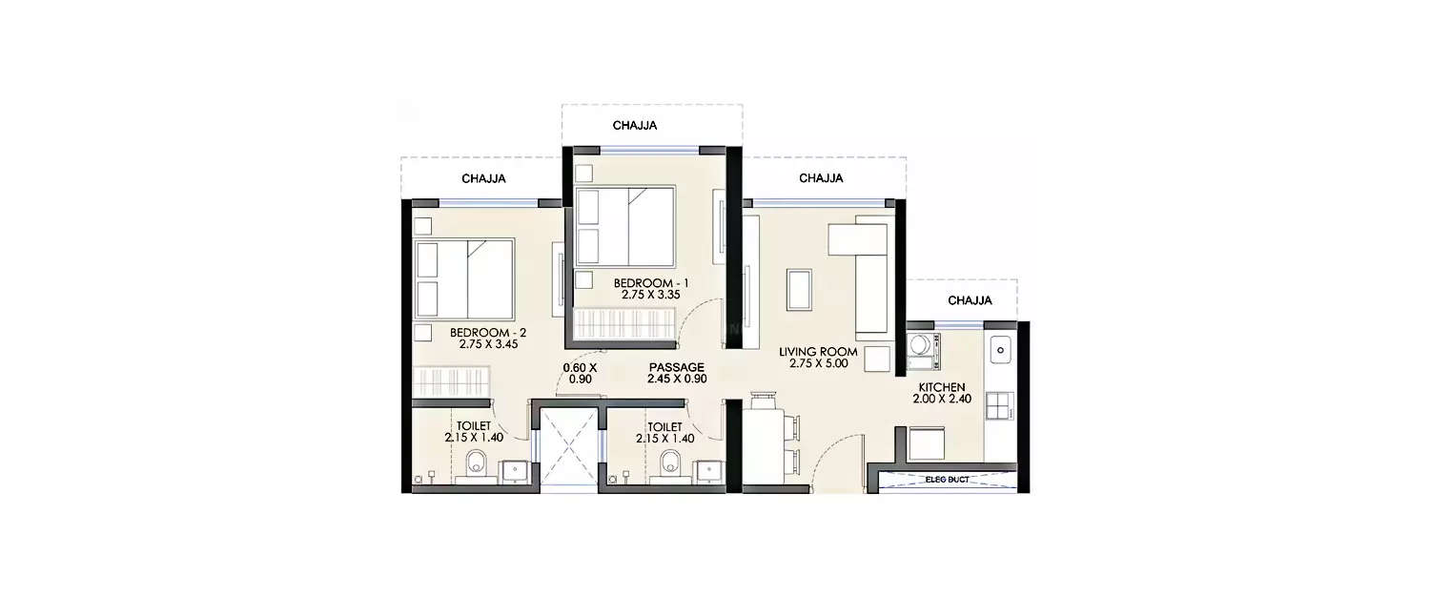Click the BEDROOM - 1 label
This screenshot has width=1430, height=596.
pyautogui.click(x=650, y=283)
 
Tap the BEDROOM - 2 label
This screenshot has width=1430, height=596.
pyautogui.click(x=488, y=333)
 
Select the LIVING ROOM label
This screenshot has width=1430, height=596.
pyautogui.click(x=818, y=352)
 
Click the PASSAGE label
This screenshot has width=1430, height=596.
pyautogui.click(x=676, y=367)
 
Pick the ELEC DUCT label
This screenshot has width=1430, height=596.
pyautogui.click(x=947, y=480)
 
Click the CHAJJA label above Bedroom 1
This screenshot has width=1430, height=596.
pyautogui.click(x=635, y=125)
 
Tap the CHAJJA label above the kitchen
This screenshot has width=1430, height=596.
pyautogui.click(x=970, y=300)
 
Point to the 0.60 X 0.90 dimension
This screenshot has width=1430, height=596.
pyautogui.click(x=579, y=373)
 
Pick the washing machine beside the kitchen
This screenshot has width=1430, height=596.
pyautogui.click(x=923, y=350)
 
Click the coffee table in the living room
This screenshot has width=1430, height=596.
pyautogui.click(x=799, y=290)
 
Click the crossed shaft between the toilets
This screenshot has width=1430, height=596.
pyautogui.click(x=568, y=446)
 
